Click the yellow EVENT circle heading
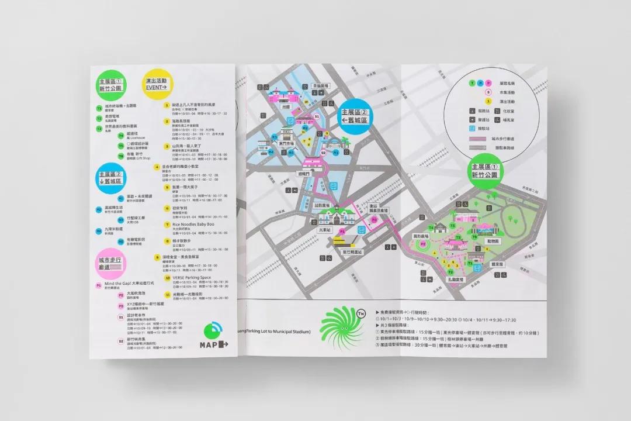pyautogui.click(x=156, y=84)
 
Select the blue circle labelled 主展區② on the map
pyautogui.click(x=356, y=116)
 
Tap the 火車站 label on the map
pyautogui.click(x=325, y=230)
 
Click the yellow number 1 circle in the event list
pyautogui.click(x=158, y=105)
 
